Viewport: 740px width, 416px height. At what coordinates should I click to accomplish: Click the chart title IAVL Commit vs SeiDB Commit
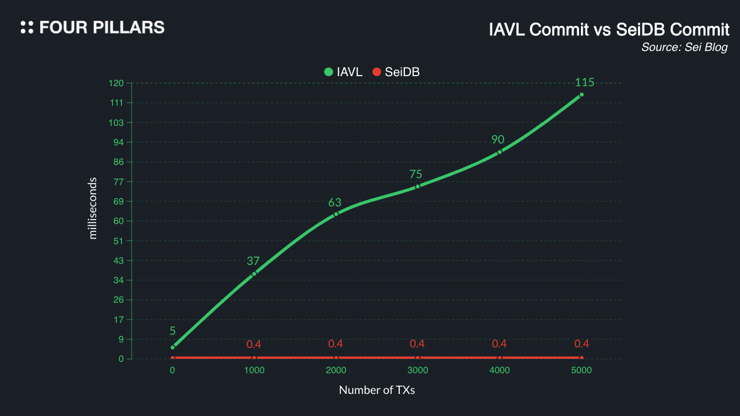coord(609,30)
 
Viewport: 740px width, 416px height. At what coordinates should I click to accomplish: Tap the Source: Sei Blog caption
coord(684,48)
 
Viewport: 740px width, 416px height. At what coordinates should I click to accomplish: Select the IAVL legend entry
coord(343,72)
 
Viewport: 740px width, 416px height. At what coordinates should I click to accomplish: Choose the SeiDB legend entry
coord(396,72)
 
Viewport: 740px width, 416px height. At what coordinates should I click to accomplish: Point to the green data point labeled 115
coord(582,95)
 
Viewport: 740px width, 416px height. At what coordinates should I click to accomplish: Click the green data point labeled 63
coord(336,214)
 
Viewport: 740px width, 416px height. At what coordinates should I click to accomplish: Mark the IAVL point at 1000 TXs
coord(254,274)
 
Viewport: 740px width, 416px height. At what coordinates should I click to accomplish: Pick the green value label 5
coord(172,331)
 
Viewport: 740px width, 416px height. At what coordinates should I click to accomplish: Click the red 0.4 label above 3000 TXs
coord(417,344)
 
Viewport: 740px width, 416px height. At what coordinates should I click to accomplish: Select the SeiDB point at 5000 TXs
coord(582,358)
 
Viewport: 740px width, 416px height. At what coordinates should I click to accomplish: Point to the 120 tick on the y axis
coord(116,83)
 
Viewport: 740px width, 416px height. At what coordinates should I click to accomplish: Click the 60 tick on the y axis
coord(118,221)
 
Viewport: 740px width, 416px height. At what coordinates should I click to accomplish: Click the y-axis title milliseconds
coord(93,208)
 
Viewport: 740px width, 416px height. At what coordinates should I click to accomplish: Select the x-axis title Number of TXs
coord(377,390)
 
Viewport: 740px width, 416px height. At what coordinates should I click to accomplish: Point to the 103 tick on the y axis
coord(116,123)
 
